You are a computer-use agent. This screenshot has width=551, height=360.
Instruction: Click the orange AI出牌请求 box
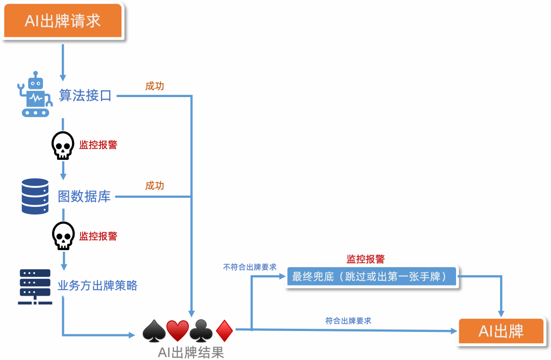tap(63, 21)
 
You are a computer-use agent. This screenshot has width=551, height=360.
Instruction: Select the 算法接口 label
tap(85, 95)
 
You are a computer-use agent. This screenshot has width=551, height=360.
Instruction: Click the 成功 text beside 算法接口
tap(155, 86)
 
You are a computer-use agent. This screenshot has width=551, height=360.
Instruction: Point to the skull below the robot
tap(63, 146)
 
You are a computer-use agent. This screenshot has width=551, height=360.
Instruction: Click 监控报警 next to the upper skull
tap(98, 145)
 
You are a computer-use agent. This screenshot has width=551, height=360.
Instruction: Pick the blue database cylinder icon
tap(35, 196)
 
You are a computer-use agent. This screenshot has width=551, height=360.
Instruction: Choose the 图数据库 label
tap(84, 197)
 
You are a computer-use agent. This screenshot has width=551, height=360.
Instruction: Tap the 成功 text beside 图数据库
tap(155, 185)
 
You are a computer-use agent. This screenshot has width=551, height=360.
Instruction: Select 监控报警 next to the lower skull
tap(98, 236)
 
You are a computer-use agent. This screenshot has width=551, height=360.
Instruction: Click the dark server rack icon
tap(35, 286)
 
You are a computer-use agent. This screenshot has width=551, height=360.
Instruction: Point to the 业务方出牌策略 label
tap(97, 285)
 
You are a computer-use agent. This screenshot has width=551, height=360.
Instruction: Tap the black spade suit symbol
tap(154, 331)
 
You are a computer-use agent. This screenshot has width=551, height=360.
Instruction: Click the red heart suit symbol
tap(178, 331)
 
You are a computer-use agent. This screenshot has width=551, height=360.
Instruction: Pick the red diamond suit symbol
tap(224, 331)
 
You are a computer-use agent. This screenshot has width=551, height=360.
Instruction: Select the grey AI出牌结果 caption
tap(191, 352)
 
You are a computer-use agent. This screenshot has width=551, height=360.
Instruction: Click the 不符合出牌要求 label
tap(250, 267)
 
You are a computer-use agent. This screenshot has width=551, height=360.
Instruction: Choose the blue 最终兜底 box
tap(372, 277)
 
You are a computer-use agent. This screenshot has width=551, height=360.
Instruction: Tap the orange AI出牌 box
tap(500, 331)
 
